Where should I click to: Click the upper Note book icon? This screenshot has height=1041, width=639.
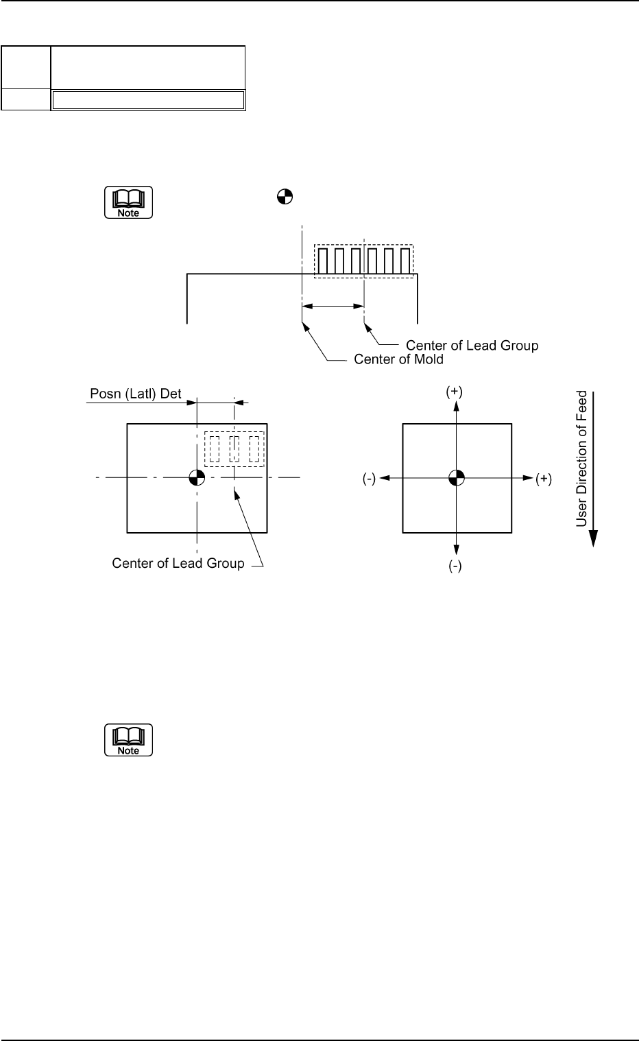click(x=128, y=202)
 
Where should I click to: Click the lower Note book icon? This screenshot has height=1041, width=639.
click(x=128, y=740)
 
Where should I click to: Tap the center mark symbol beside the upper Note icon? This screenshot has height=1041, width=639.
click(x=285, y=198)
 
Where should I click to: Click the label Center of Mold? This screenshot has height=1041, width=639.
click(x=398, y=359)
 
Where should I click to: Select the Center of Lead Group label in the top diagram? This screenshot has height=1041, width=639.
click(x=472, y=345)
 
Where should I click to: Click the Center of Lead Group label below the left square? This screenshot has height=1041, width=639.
click(x=178, y=564)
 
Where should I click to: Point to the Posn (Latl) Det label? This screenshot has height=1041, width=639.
click(x=136, y=394)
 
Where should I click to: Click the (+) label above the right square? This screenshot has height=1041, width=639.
click(x=454, y=392)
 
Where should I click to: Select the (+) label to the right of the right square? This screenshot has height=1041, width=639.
click(x=543, y=479)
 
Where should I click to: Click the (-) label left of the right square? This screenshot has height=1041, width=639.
click(x=369, y=479)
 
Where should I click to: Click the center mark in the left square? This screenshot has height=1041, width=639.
click(x=197, y=477)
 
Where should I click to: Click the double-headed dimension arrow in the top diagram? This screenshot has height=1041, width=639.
click(x=333, y=307)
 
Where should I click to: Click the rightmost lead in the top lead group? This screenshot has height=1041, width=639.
click(x=405, y=261)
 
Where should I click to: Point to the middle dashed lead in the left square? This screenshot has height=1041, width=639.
click(x=234, y=449)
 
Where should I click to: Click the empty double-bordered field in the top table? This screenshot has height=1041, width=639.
click(x=148, y=100)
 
